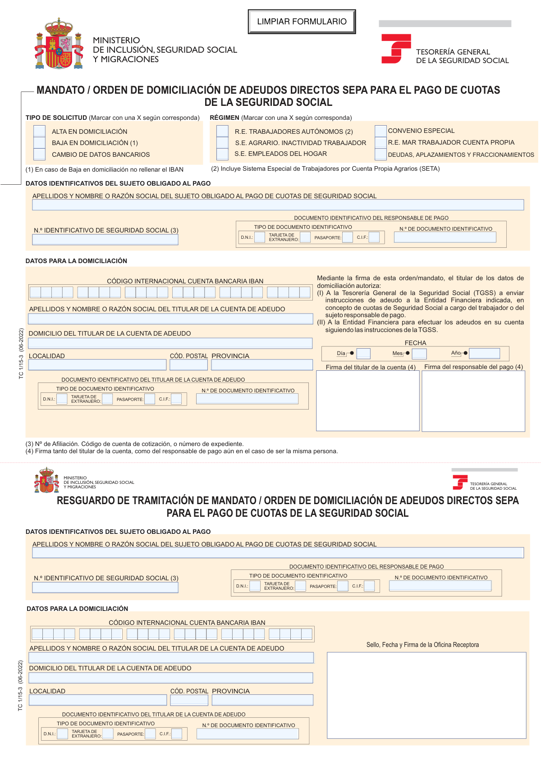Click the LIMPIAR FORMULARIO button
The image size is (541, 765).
click(302, 22)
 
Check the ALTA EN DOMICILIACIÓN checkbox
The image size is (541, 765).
click(40, 131)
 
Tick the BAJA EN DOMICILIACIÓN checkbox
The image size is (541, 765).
click(40, 143)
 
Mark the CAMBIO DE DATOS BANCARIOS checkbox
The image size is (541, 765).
click(40, 154)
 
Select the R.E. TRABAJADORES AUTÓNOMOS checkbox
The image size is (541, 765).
click(223, 131)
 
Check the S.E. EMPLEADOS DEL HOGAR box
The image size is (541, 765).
click(223, 154)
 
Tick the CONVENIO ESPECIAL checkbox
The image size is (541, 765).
click(381, 131)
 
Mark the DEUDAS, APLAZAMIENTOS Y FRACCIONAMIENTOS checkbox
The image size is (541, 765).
click(381, 154)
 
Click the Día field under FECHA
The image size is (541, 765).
click(363, 354)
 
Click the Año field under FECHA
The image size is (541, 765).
click(485, 354)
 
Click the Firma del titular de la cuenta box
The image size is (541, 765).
click(368, 401)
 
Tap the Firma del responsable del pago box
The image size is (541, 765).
click(473, 401)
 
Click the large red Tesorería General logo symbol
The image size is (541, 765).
click(395, 49)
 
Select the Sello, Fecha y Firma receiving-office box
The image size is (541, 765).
click(426, 695)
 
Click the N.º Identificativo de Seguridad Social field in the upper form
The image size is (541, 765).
click(105, 240)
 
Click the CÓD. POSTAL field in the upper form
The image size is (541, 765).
click(188, 365)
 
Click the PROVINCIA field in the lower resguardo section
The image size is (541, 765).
click(262, 700)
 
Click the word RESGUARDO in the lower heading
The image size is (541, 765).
click(85, 501)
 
